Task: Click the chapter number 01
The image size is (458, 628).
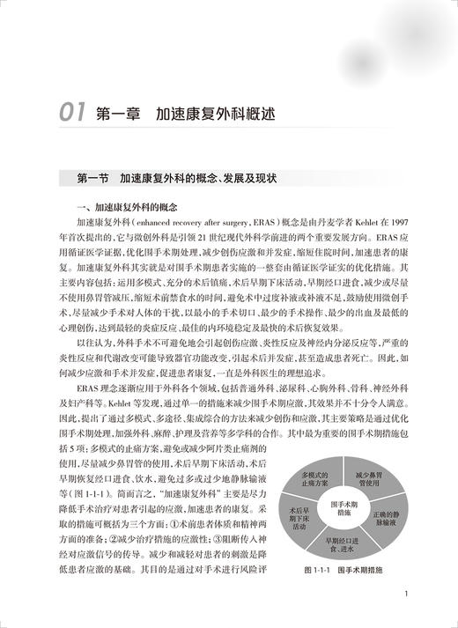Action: click(x=70, y=112)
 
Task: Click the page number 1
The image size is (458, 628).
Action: click(x=403, y=595)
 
